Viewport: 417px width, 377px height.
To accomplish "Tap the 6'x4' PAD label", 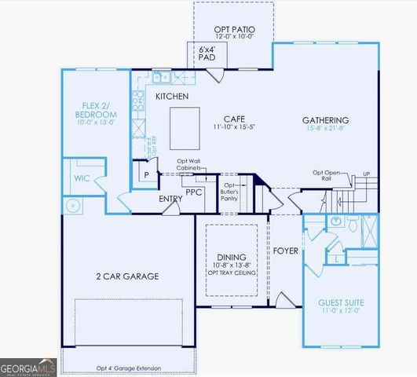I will (x=207, y=53).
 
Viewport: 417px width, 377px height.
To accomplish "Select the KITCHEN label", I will (x=172, y=96).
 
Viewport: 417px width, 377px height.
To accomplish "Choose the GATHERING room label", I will (x=325, y=120).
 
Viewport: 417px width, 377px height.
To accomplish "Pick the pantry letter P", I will (x=146, y=175).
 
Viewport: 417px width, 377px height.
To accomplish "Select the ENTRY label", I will (x=170, y=199).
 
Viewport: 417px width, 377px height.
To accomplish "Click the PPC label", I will (x=194, y=191).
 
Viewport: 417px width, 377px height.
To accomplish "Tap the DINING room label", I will (x=232, y=258).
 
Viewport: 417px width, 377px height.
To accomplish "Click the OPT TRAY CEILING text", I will (x=232, y=273).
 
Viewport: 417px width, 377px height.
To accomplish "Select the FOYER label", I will (x=286, y=251).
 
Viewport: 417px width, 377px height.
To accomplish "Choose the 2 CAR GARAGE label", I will (x=127, y=276).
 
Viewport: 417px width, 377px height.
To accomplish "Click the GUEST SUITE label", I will (x=341, y=302).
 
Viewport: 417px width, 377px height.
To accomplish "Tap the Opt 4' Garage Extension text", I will (x=129, y=368).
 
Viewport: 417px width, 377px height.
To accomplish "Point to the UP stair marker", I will (x=365, y=174).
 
